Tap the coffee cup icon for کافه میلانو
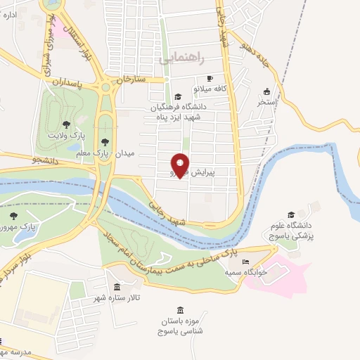(209, 78)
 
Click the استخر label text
(266, 103)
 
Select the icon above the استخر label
(266, 91)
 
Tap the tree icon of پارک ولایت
(66, 124)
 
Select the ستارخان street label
(132, 79)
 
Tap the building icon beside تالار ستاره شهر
(116, 287)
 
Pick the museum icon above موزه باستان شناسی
(181, 310)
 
